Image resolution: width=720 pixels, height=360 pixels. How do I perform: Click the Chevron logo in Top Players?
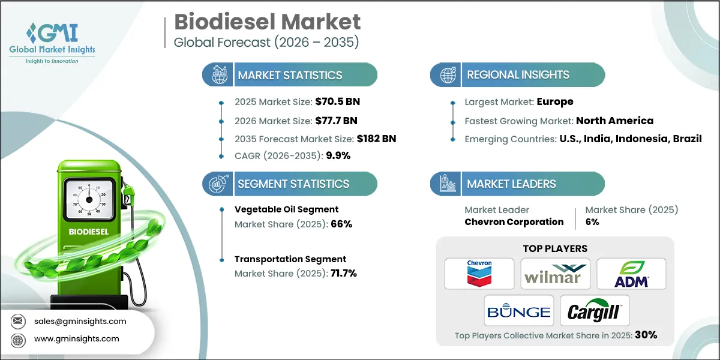[x=479, y=274]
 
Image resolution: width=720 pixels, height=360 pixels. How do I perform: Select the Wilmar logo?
[x=555, y=274]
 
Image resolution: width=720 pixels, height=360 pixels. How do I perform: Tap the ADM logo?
[x=631, y=274]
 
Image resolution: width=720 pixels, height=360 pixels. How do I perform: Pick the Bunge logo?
[x=518, y=311]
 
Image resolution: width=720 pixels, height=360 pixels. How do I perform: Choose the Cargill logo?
[x=594, y=311]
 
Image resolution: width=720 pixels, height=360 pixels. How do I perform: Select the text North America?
[x=615, y=121]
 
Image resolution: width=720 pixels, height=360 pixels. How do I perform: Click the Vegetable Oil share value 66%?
[x=340, y=224]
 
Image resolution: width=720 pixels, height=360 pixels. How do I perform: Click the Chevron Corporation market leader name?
[x=514, y=222]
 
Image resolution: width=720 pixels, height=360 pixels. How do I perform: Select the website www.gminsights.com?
[x=77, y=339]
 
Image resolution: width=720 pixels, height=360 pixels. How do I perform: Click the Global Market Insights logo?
[x=52, y=43]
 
